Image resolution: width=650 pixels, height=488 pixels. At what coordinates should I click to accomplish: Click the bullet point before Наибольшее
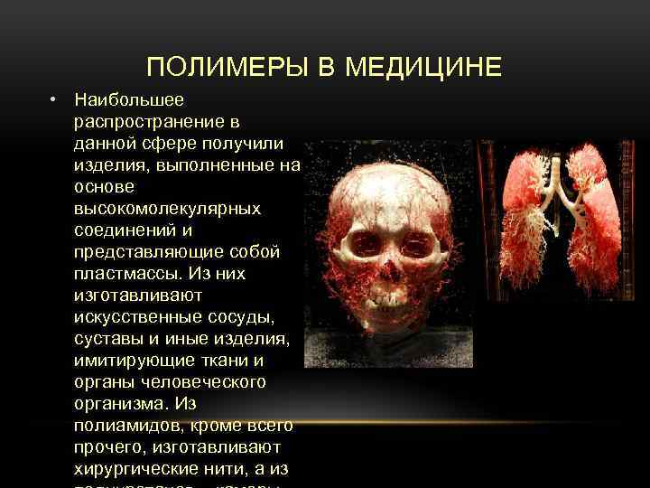point(55,98)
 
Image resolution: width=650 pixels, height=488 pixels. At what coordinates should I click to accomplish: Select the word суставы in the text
point(107,338)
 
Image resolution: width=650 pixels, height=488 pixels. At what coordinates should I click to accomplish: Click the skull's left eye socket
point(364,241)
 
